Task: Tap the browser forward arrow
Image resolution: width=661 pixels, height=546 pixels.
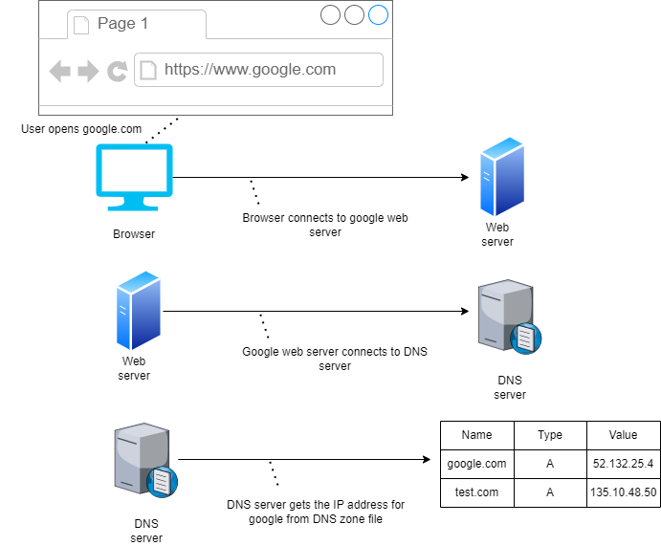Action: (x=88, y=71)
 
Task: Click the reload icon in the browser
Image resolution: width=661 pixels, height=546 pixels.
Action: (x=118, y=71)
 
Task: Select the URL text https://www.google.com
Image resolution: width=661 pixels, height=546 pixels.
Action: (x=250, y=69)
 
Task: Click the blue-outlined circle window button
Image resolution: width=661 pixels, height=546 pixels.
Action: (x=379, y=14)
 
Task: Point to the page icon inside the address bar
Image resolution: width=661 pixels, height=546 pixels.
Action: (x=148, y=70)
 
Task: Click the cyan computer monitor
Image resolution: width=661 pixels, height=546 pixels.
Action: (x=134, y=176)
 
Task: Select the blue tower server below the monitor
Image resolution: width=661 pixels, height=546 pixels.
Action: (x=138, y=310)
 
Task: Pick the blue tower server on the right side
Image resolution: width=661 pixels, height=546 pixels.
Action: (x=502, y=177)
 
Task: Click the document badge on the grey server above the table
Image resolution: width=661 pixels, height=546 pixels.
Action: (x=526, y=338)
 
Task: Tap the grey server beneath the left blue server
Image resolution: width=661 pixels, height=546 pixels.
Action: (x=143, y=458)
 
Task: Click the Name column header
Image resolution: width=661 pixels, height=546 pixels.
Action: (x=476, y=435)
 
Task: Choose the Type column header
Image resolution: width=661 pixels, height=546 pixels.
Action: (x=550, y=435)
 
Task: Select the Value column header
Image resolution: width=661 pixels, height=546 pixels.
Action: (x=623, y=435)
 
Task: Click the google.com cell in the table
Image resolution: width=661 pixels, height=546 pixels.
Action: (x=476, y=464)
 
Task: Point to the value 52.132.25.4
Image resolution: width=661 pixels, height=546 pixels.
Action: (x=623, y=464)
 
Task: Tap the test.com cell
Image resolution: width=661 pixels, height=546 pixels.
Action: (x=476, y=492)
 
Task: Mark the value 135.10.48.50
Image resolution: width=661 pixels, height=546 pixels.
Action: (x=623, y=492)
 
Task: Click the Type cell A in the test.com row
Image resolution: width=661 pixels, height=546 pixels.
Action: (x=550, y=492)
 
